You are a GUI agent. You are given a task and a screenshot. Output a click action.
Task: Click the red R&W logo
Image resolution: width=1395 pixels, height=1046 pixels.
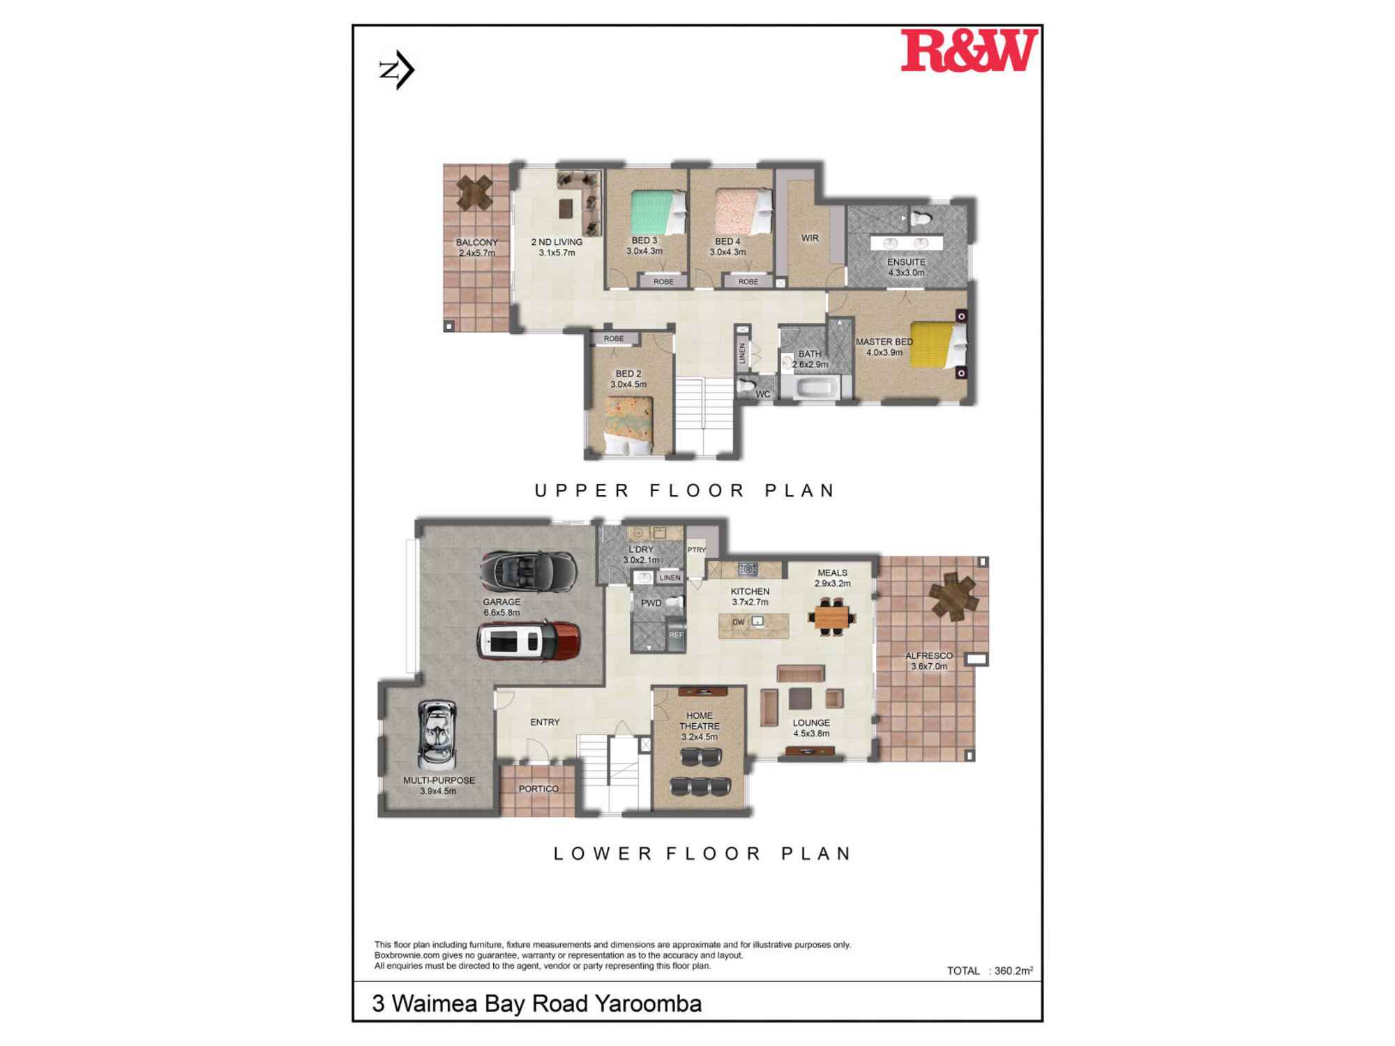pos(969,50)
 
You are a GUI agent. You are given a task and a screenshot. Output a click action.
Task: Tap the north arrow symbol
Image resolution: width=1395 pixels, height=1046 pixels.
pos(398,70)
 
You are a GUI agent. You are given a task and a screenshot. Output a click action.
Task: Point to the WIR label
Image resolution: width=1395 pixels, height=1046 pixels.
pos(810,238)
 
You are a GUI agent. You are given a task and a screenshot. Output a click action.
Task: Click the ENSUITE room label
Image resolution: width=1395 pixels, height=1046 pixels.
pos(906,262)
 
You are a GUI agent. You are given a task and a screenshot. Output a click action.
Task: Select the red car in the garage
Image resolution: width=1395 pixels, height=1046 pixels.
pos(529,641)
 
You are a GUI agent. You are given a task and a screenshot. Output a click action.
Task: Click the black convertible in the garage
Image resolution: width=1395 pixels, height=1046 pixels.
pos(529,571)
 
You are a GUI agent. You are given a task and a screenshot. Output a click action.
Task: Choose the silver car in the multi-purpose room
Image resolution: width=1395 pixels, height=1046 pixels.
pos(437,735)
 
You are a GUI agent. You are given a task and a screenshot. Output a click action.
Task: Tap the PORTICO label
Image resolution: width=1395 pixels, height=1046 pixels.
pos(538,789)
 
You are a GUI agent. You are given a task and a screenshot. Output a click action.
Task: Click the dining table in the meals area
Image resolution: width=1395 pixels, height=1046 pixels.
pos(831,616)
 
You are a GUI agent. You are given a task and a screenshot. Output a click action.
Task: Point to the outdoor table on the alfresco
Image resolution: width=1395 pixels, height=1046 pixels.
pos(953,596)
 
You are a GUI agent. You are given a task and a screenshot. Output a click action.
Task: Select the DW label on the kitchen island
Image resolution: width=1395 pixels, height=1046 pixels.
pos(739,622)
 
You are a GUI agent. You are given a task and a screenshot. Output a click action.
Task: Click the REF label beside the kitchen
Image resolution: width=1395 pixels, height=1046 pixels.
pos(676,635)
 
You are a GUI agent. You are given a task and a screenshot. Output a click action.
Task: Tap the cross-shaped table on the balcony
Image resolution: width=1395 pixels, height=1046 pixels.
pos(474,192)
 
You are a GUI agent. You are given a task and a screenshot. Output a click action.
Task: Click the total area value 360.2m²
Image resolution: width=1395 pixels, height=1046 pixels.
pos(1013,971)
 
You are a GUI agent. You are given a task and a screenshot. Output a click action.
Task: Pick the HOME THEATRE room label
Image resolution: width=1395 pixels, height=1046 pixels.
pos(700,721)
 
